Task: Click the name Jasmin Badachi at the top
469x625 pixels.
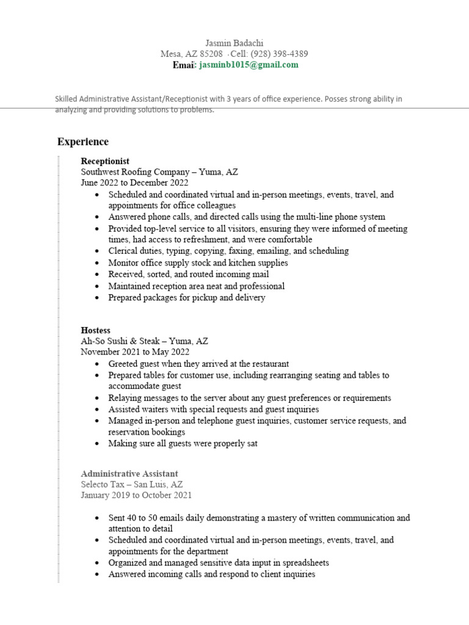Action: pyautogui.click(x=234, y=43)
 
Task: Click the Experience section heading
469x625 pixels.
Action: pyautogui.click(x=83, y=142)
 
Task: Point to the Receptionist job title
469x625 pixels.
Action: pyautogui.click(x=105, y=161)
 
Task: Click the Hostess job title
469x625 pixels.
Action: pyautogui.click(x=96, y=330)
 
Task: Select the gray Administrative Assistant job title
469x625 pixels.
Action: pyautogui.click(x=129, y=473)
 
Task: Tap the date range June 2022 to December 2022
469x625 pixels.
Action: pyautogui.click(x=135, y=182)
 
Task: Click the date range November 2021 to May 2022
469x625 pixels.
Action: pyautogui.click(x=135, y=352)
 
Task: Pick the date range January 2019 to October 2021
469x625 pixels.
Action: pyautogui.click(x=136, y=495)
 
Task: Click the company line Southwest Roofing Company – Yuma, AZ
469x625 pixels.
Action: pyautogui.click(x=159, y=172)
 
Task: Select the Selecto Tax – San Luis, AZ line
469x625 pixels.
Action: pyautogui.click(x=132, y=484)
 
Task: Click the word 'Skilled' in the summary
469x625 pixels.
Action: pyautogui.click(x=68, y=99)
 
